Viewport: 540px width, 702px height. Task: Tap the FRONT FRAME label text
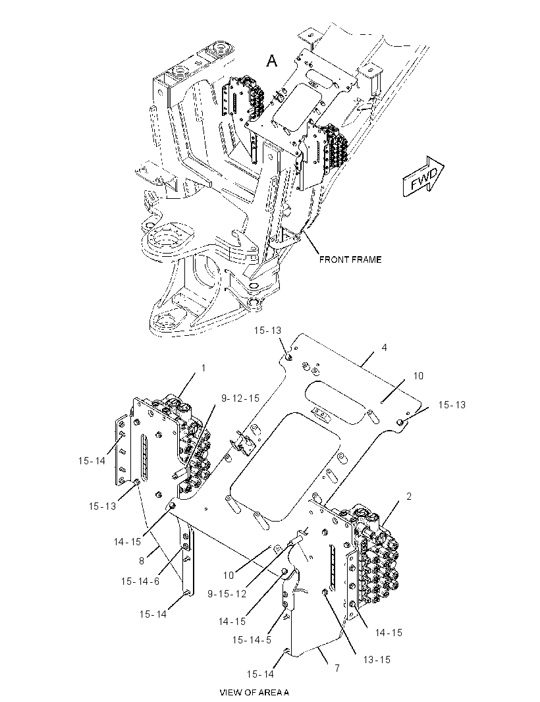tap(350, 259)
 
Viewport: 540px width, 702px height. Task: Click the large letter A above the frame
tap(272, 60)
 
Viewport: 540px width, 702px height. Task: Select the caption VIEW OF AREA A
tap(254, 692)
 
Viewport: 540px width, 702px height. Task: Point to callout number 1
tap(203, 368)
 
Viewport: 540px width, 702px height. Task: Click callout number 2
tap(409, 497)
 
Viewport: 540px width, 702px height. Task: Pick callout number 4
tap(384, 348)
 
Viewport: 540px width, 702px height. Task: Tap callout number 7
tap(337, 668)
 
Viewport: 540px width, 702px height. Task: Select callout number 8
tap(142, 560)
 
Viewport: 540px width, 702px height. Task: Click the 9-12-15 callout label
tap(240, 398)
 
